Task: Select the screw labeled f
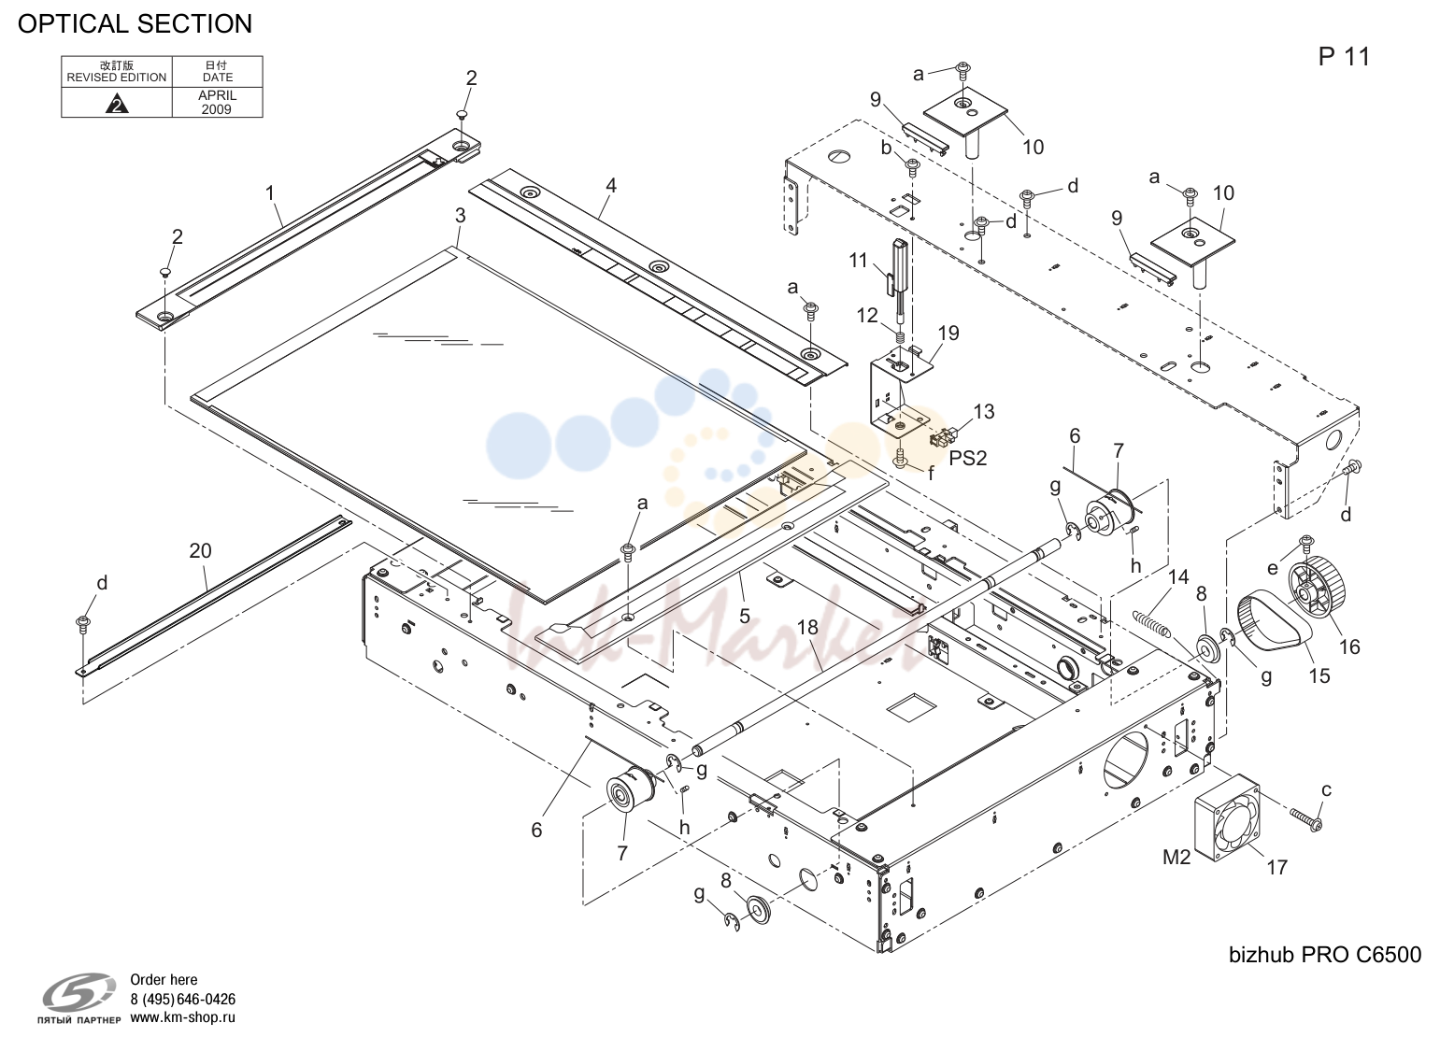tap(901, 459)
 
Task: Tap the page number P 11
tap(1344, 57)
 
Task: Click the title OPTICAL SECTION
tap(135, 23)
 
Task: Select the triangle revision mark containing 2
tap(117, 104)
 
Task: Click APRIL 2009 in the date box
tap(218, 102)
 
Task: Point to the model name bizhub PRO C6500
tap(1325, 955)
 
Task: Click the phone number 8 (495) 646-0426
tap(182, 1000)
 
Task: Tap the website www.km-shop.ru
tap(182, 1017)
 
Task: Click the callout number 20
tap(201, 551)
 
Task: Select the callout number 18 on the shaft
tap(808, 628)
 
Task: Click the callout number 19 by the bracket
tap(948, 333)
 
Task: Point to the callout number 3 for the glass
tap(461, 216)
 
